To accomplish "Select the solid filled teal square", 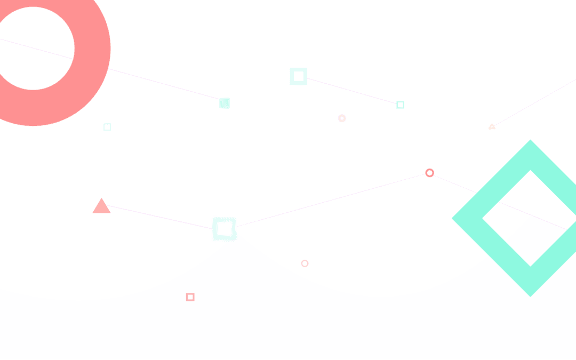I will (225, 103).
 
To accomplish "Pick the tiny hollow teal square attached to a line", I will (400, 105).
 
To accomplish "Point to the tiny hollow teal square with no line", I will (107, 127).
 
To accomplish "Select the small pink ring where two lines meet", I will (429, 173).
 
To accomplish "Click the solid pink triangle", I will (101, 207).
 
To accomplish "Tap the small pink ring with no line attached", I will (305, 263).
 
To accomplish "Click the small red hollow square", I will (190, 297).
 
